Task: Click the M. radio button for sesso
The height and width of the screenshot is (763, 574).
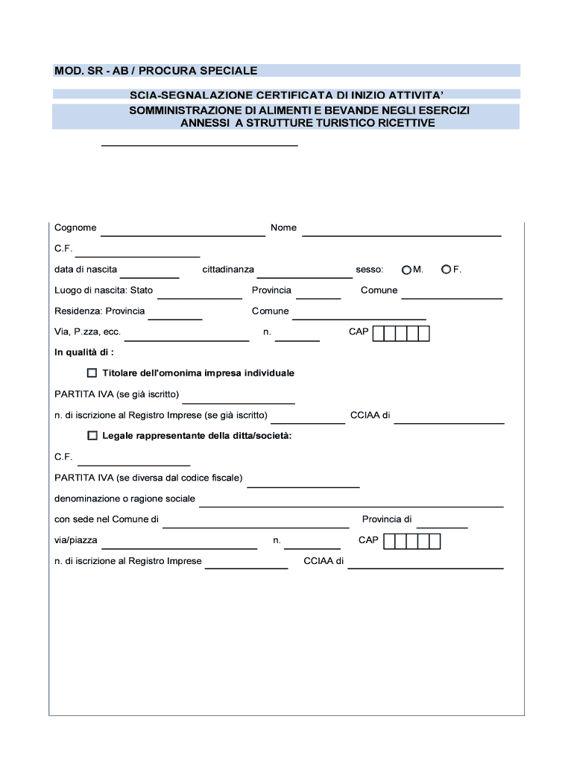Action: click(x=406, y=269)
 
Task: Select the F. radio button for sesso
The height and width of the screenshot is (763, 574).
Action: click(x=446, y=269)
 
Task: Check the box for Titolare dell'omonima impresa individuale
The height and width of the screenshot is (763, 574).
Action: click(x=92, y=373)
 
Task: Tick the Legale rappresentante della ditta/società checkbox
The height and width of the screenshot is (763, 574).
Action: click(x=92, y=435)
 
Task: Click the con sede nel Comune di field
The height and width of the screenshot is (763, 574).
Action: click(x=256, y=523)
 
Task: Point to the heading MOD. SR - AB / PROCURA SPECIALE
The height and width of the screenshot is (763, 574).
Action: click(x=156, y=71)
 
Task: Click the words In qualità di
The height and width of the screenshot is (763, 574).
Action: click(x=83, y=352)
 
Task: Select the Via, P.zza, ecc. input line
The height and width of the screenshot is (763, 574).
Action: click(x=191, y=336)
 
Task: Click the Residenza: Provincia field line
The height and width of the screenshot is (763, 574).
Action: click(x=176, y=315)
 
